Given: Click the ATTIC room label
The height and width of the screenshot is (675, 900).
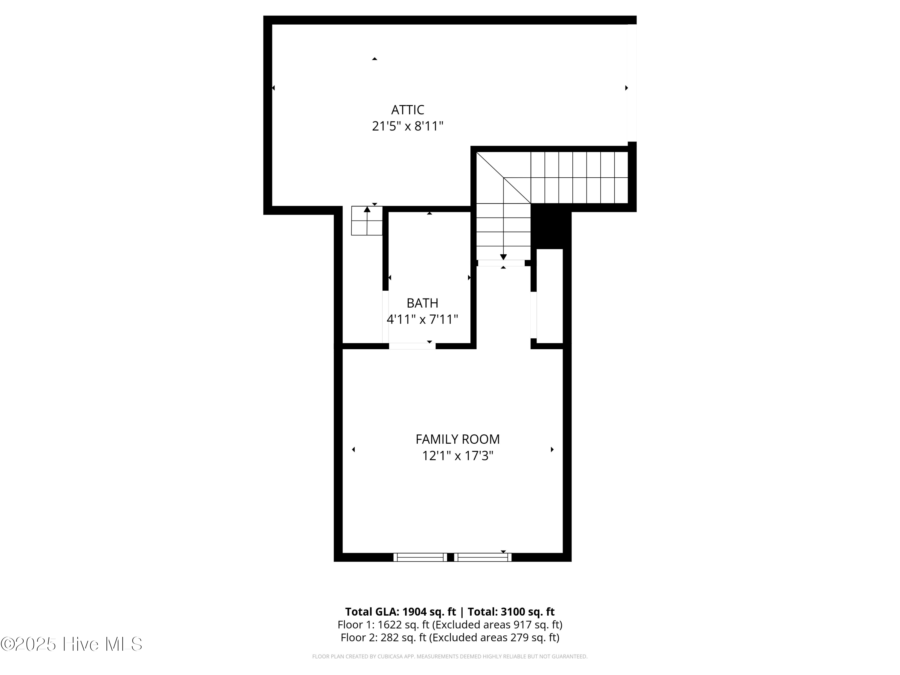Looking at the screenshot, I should click(407, 110).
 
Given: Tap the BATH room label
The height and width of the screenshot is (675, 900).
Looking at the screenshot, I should click(422, 303).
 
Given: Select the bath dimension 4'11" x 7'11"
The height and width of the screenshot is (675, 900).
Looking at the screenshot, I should click(422, 320).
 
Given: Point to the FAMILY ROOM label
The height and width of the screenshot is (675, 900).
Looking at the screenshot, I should click(457, 439).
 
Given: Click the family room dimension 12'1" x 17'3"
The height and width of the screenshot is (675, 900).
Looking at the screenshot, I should click(457, 456).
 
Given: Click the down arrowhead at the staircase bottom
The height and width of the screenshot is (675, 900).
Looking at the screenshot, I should click(503, 257).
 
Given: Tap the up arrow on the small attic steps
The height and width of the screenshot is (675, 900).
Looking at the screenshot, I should click(367, 209).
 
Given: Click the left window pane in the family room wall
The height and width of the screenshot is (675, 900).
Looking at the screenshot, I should click(420, 557).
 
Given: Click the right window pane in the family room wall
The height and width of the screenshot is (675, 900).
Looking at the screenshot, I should click(482, 557).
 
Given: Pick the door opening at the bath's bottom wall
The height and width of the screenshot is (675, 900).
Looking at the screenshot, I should click(412, 346).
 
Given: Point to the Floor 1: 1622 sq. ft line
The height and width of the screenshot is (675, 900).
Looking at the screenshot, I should click(450, 625).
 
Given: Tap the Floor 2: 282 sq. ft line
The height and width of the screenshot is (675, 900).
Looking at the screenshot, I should click(450, 637).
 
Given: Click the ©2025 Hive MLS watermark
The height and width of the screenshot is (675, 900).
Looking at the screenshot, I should click(72, 644).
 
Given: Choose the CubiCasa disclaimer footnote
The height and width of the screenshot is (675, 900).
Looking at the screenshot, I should click(450, 657).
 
